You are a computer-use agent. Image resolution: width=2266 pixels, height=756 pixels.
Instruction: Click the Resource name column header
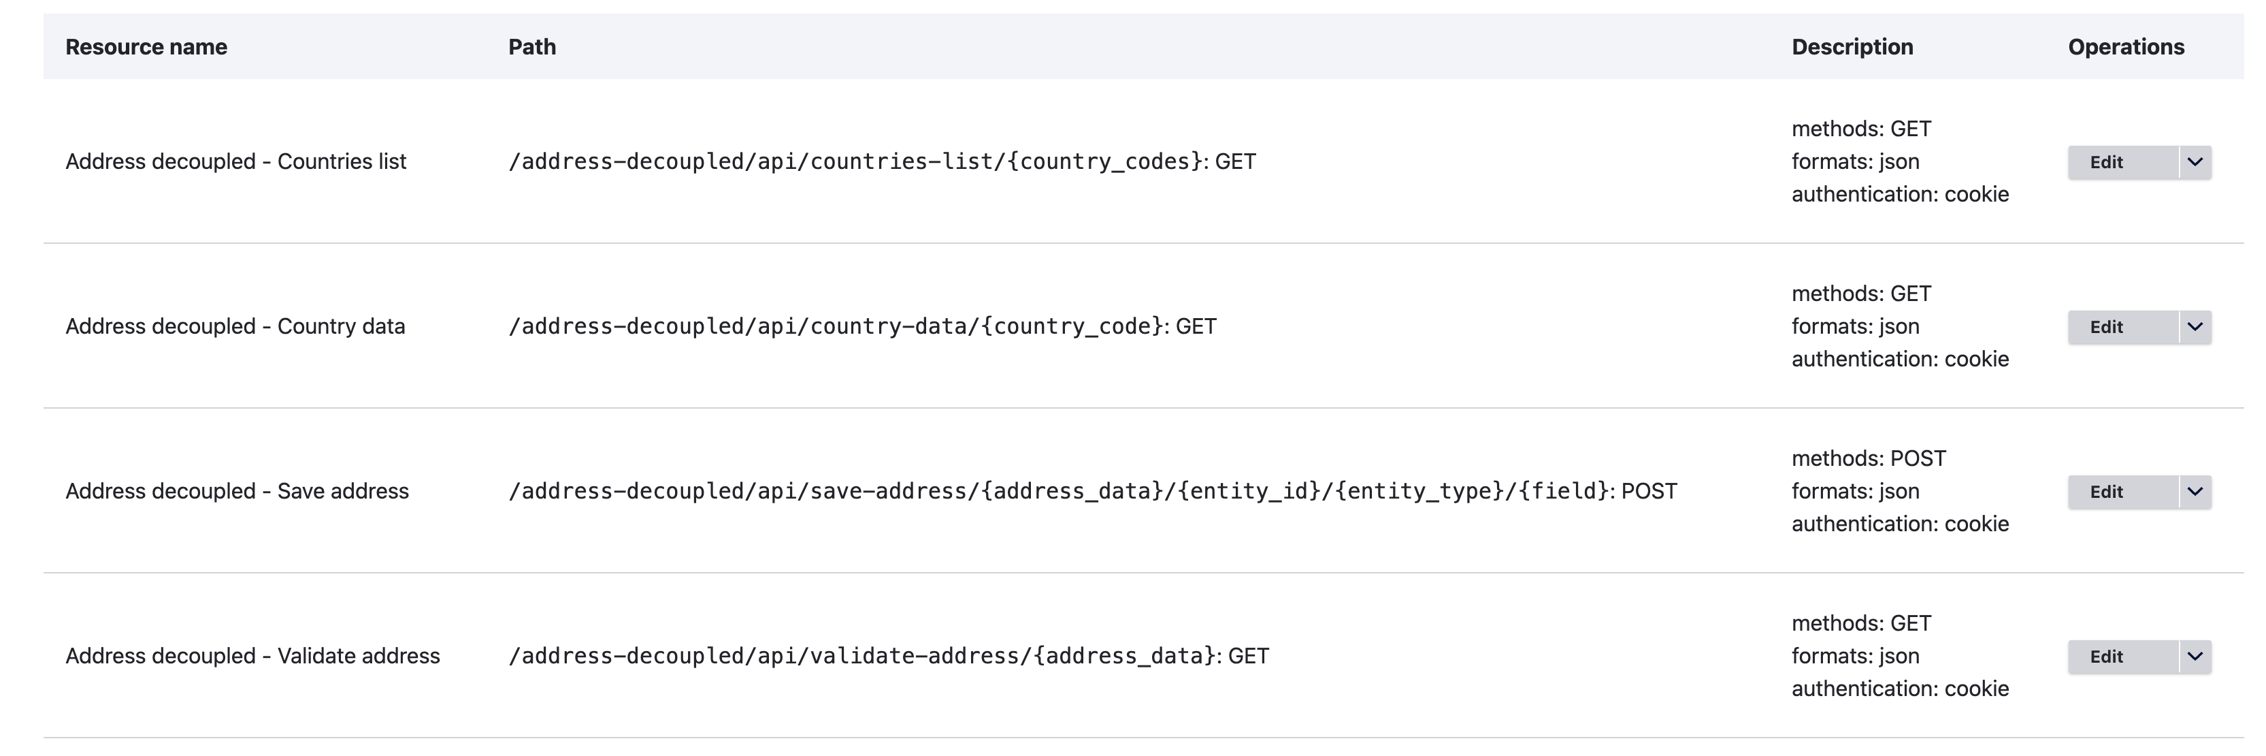pyautogui.click(x=146, y=46)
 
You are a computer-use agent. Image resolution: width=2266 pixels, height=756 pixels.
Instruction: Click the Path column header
pyautogui.click(x=532, y=46)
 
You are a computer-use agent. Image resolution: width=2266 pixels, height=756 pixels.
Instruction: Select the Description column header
pyautogui.click(x=1852, y=46)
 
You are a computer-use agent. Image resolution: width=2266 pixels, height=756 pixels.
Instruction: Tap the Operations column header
pyautogui.click(x=2125, y=46)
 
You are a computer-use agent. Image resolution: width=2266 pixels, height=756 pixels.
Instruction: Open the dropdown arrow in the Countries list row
pyautogui.click(x=2195, y=162)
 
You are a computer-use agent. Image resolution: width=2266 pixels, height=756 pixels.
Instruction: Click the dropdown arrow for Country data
pyautogui.click(x=2195, y=326)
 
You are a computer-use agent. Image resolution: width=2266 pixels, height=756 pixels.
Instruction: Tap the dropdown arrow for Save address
pyautogui.click(x=2195, y=492)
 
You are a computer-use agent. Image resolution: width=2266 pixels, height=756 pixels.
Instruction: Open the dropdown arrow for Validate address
pyautogui.click(x=2195, y=657)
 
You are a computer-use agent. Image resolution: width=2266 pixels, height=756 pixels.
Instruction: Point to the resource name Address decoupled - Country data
pyautogui.click(x=235, y=326)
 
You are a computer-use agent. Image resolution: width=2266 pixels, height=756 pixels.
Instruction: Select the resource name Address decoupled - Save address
pyautogui.click(x=237, y=491)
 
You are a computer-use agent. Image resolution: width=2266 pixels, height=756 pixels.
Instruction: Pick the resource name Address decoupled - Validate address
pyautogui.click(x=252, y=656)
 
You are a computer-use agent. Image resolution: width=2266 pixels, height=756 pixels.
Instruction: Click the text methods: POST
pyautogui.click(x=1869, y=458)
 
